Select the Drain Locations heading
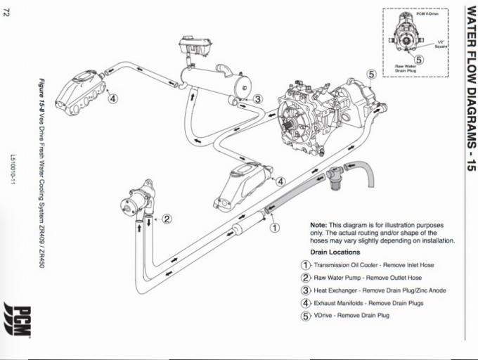point(335,252)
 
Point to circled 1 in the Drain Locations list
point(305,265)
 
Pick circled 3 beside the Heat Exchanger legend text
point(305,290)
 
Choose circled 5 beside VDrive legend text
point(305,316)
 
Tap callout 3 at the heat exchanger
point(258,99)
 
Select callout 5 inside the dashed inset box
point(418,60)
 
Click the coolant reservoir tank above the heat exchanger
point(194,49)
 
